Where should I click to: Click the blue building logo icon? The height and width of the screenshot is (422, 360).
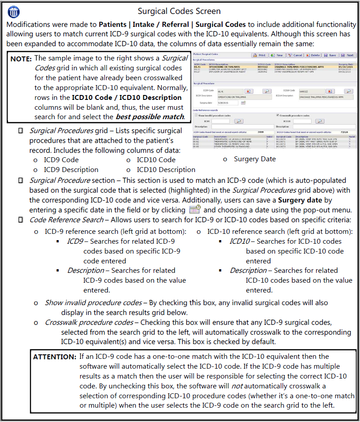[x=14, y=11]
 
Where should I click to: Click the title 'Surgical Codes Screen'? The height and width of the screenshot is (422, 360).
[x=180, y=11]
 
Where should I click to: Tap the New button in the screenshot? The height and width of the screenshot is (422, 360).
[x=277, y=56]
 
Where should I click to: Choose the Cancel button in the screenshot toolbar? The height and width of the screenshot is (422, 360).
[x=295, y=56]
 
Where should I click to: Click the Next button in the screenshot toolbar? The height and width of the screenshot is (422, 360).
[x=347, y=56]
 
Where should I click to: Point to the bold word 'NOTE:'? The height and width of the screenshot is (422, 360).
[x=21, y=59]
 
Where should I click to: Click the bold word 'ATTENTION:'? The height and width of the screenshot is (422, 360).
[x=55, y=357]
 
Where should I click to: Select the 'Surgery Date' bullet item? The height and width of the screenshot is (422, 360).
[x=255, y=159]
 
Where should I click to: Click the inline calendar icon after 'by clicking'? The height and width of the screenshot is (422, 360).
[x=195, y=210]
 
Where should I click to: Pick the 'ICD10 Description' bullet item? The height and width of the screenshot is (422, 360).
[x=166, y=170]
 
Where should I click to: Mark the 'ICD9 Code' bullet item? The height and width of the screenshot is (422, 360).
[x=61, y=159]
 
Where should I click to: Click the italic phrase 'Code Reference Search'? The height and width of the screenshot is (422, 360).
[x=66, y=220]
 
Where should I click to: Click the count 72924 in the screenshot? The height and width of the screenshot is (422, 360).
[x=344, y=132]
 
